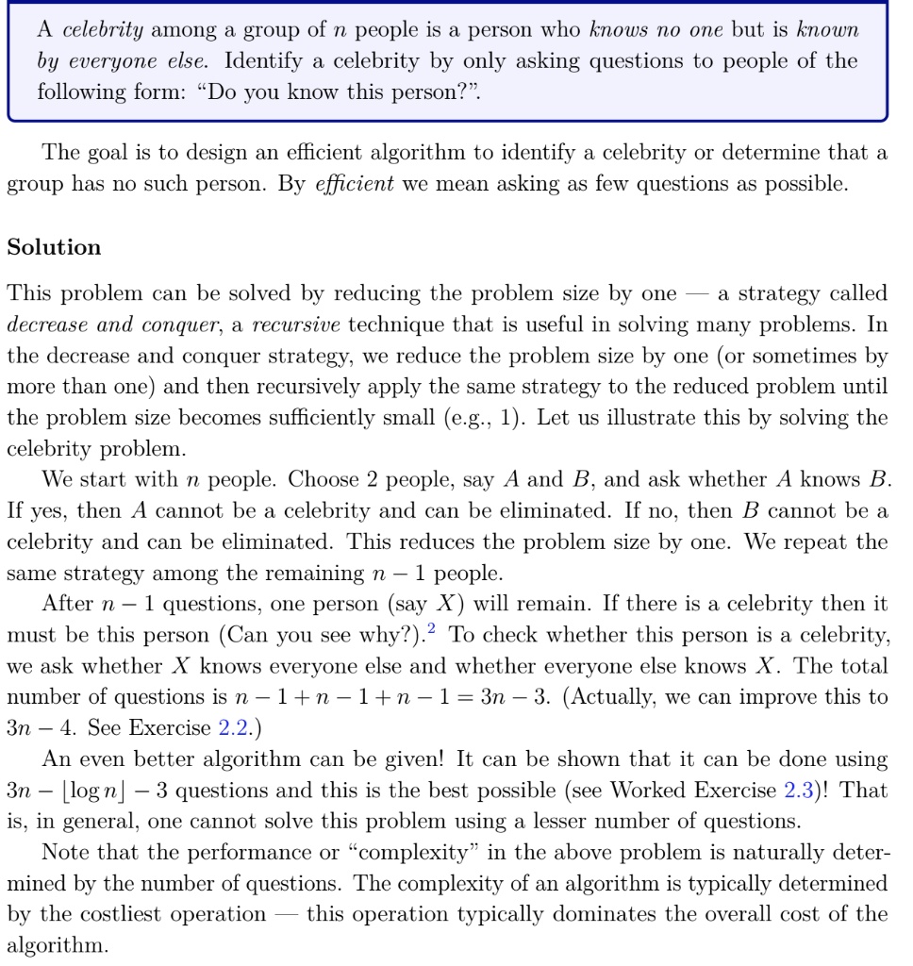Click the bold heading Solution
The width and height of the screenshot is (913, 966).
[54, 247]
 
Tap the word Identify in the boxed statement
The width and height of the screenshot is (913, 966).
[262, 61]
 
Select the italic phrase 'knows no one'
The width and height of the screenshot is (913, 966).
[655, 29]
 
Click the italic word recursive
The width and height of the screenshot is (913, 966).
[297, 325]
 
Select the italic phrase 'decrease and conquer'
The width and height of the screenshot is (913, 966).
[112, 325]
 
